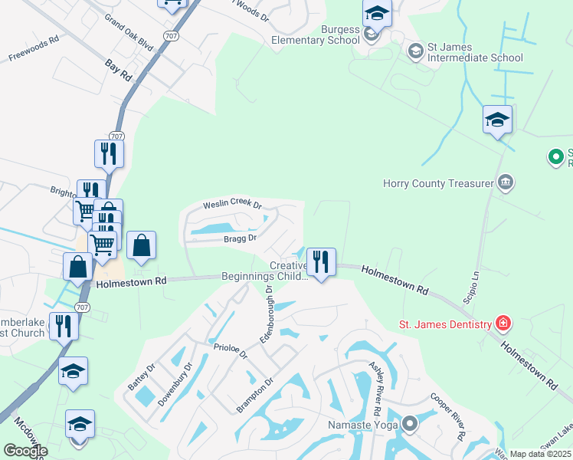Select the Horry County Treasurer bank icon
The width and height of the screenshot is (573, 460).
tap(506, 182)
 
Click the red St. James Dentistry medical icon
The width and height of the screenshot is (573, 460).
tap(503, 324)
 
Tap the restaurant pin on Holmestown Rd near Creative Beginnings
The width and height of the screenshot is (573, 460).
tap(321, 263)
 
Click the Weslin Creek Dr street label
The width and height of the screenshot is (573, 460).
tap(232, 205)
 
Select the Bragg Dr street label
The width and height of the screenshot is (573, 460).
tap(240, 238)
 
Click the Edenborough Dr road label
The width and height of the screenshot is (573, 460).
tap(268, 314)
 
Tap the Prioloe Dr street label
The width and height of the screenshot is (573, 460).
tap(231, 351)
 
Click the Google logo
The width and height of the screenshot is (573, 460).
tap(25, 450)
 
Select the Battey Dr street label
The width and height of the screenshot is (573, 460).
tap(141, 377)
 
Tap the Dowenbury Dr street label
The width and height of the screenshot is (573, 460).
tap(175, 388)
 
